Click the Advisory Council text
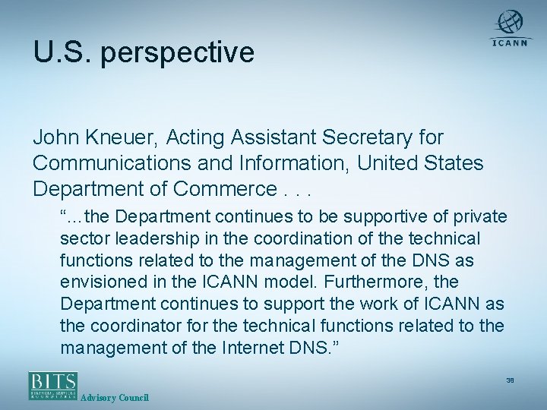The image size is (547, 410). (115, 398)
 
